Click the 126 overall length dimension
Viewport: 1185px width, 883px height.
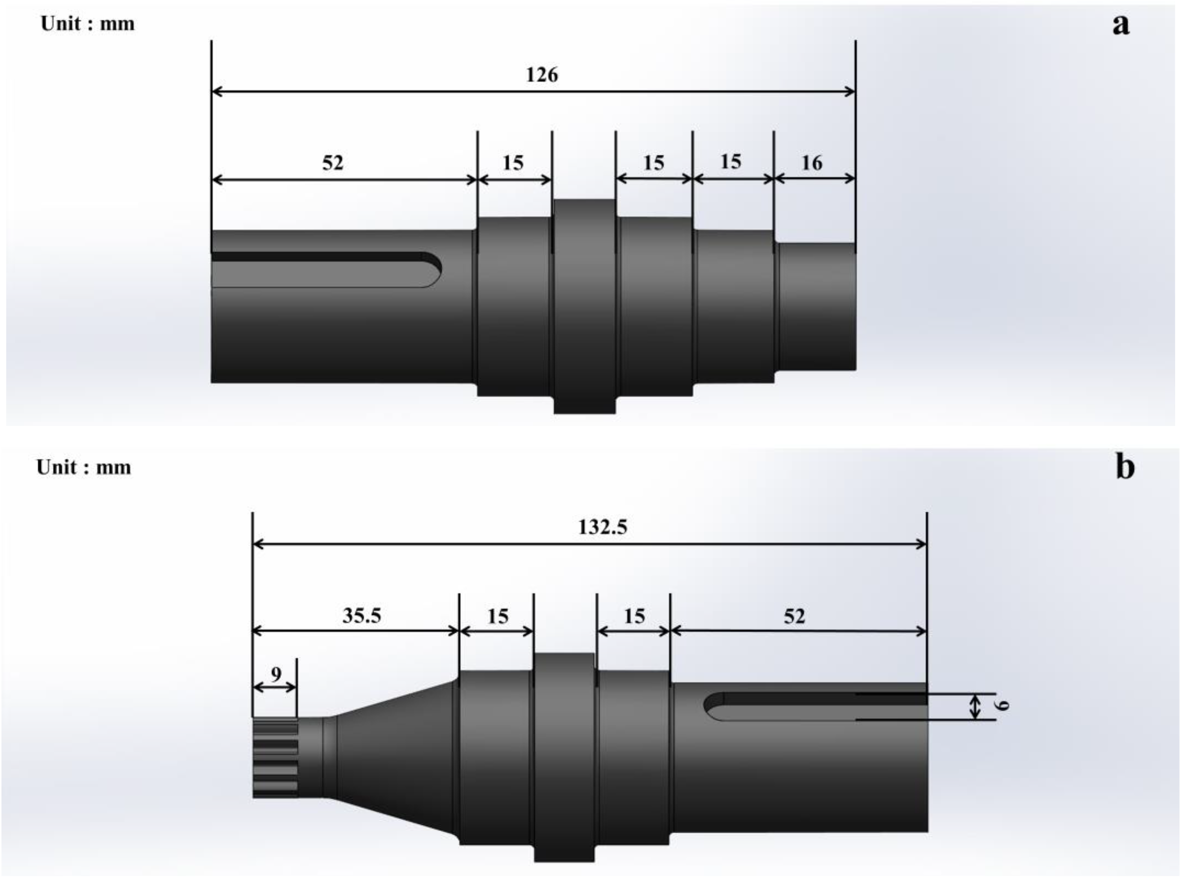click(541, 75)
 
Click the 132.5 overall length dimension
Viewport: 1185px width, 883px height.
click(602, 527)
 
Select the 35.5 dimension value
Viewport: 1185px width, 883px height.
click(361, 616)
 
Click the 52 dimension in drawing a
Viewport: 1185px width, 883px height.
click(332, 162)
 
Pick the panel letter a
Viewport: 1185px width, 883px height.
click(1121, 24)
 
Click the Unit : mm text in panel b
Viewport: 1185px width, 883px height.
click(84, 468)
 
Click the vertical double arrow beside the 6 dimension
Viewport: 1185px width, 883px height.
click(975, 706)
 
